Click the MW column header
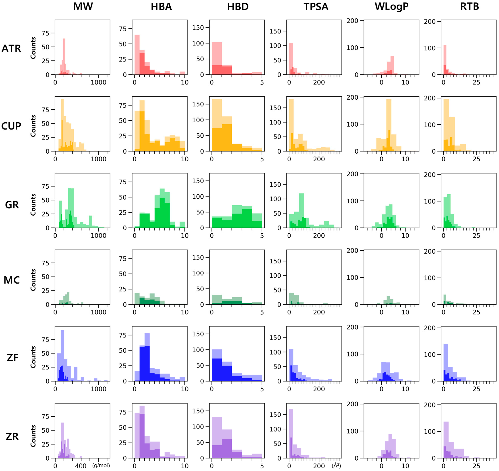tap(83, 6)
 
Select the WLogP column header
tap(391, 6)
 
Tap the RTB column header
tap(469, 6)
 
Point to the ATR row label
tap(11, 48)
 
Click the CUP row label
tap(11, 126)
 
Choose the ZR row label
tap(12, 436)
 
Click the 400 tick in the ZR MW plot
tap(81, 466)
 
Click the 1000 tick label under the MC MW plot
tap(98, 312)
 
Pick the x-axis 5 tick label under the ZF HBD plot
tap(262, 389)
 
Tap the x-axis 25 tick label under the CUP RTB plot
tap(476, 159)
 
